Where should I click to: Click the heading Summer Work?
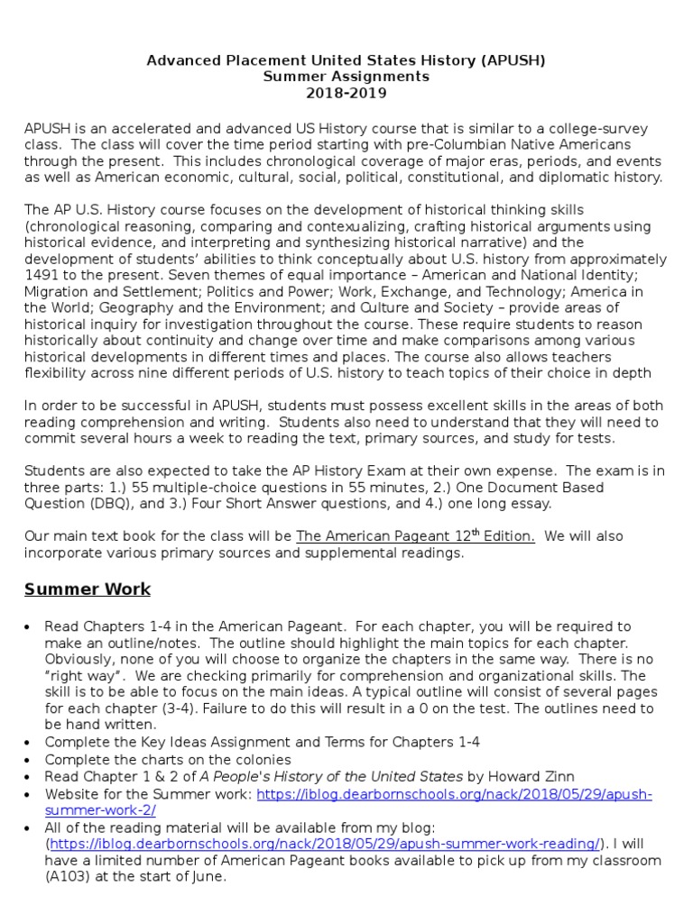(88, 589)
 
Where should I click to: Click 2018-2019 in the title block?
(346, 94)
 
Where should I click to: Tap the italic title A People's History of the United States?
(339, 776)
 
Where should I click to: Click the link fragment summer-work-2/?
(100, 810)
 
